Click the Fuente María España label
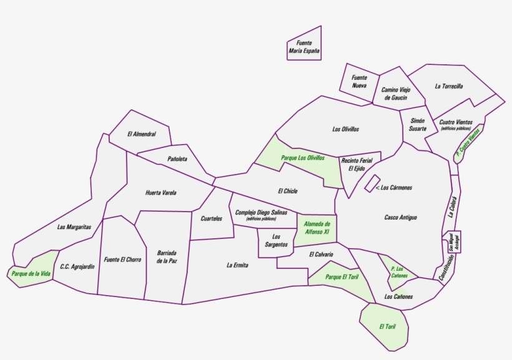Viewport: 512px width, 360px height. [x=304, y=47]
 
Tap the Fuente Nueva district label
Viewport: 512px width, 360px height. [x=359, y=81]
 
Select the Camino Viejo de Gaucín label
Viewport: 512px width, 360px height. [x=396, y=94]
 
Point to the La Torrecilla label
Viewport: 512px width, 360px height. [x=448, y=86]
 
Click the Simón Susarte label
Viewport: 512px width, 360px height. [x=418, y=124]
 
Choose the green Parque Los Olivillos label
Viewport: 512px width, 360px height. [x=303, y=158]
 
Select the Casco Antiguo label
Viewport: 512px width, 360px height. [x=400, y=217]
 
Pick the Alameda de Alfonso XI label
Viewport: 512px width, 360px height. [x=317, y=228]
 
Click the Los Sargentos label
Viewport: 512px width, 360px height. [x=276, y=241]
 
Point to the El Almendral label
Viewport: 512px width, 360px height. [x=140, y=133]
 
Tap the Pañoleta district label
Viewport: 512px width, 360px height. [x=177, y=159]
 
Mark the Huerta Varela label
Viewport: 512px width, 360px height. [x=160, y=193]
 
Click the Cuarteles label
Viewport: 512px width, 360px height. [x=211, y=218]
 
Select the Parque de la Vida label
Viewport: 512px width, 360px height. [x=31, y=273]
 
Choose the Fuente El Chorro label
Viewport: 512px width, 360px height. [x=122, y=260]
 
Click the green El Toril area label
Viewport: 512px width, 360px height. [x=387, y=326]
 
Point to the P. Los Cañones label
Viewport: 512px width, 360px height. [x=399, y=272]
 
